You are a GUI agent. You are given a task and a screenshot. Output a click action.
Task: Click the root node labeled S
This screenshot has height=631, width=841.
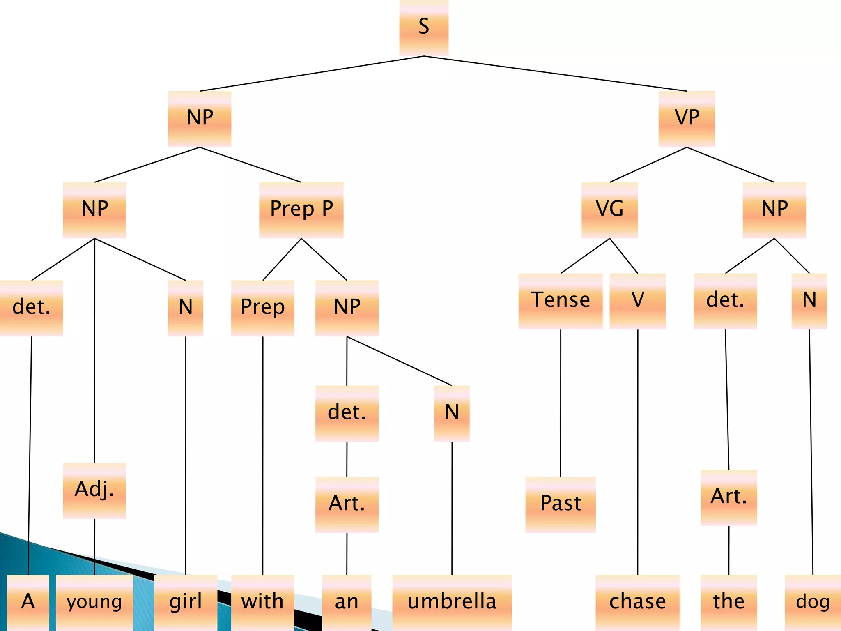click(424, 27)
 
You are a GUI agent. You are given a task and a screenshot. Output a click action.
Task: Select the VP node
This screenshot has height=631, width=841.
click(687, 118)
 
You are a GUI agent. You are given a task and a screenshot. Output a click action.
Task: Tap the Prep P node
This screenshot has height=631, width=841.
click(301, 210)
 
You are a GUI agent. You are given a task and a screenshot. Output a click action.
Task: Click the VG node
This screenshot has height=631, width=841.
click(609, 210)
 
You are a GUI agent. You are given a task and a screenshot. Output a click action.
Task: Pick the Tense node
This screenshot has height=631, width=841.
click(561, 301)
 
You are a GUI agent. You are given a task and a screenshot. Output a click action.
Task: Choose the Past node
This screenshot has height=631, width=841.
click(561, 504)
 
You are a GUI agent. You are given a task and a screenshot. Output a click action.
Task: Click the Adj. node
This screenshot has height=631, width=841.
click(94, 490)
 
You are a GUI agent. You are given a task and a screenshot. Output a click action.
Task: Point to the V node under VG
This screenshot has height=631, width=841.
click(637, 301)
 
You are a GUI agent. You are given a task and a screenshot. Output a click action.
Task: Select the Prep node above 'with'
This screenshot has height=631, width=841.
click(262, 308)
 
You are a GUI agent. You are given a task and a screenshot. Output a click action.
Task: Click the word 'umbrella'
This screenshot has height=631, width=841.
click(452, 602)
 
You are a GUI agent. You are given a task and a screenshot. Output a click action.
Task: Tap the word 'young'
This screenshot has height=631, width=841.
click(94, 602)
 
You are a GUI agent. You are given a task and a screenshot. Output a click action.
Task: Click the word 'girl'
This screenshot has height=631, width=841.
click(186, 602)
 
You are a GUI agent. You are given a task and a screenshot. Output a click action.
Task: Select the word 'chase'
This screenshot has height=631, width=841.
click(637, 602)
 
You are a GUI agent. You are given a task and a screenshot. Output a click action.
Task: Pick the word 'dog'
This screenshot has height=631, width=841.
click(813, 602)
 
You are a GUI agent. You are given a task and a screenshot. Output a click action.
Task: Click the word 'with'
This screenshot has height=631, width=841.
click(262, 602)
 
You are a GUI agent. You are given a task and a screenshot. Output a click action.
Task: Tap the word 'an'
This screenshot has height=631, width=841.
click(347, 602)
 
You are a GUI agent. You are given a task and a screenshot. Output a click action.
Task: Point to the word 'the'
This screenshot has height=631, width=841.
click(728, 602)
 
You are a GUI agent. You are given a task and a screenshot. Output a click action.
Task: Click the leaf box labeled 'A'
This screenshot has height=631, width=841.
click(28, 602)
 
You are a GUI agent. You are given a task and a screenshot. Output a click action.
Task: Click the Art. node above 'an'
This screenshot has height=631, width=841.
click(347, 504)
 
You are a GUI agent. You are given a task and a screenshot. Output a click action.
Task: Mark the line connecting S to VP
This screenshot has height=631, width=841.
click(555, 74)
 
